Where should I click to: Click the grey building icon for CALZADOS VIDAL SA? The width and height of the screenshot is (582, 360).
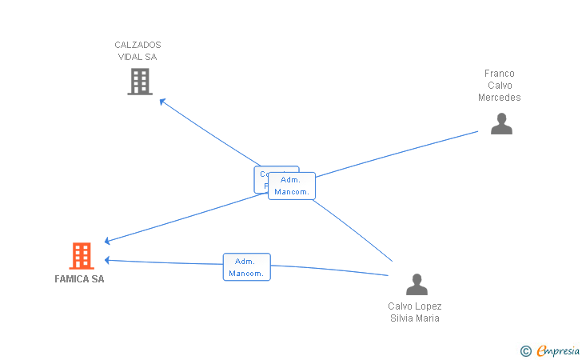tap(140, 81)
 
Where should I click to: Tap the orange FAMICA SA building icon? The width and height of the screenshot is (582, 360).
tap(81, 256)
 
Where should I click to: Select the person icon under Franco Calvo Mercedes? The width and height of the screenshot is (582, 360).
tap(501, 123)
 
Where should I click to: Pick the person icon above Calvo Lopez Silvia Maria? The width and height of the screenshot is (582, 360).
tap(417, 285)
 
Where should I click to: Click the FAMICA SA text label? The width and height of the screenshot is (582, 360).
tap(79, 279)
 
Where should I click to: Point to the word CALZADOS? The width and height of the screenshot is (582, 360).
tap(138, 45)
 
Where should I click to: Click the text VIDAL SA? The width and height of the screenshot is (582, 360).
tap(138, 57)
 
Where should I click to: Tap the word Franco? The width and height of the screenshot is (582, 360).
tap(500, 74)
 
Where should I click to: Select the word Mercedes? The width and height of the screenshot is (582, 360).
tap(500, 98)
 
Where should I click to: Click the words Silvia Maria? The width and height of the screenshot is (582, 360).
tap(415, 318)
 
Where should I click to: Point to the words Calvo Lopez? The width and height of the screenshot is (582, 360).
tap(415, 306)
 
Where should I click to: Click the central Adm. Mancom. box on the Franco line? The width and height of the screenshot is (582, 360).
tap(292, 186)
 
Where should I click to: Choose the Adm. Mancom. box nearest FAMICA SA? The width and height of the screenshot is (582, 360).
tap(247, 267)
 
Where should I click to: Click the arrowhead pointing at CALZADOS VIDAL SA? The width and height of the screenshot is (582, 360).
tap(162, 101)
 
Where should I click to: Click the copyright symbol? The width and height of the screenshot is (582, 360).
tap(525, 350)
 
